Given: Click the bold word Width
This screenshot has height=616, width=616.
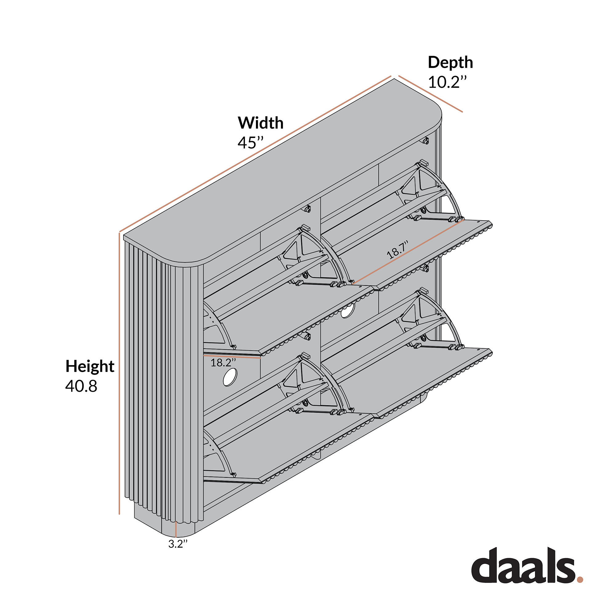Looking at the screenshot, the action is [x=261, y=123].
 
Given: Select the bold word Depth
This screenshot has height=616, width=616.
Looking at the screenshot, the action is [x=450, y=63].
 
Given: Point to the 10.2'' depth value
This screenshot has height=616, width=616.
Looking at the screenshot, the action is [x=447, y=82].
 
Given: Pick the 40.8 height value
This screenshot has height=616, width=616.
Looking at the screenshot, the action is [x=81, y=386].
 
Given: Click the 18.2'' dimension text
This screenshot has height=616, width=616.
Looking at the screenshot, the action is [x=223, y=363].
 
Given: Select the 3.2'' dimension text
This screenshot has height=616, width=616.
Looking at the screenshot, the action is [x=178, y=544].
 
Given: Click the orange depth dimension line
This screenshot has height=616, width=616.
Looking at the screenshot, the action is [x=431, y=94].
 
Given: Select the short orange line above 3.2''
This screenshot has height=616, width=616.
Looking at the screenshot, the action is [x=176, y=529].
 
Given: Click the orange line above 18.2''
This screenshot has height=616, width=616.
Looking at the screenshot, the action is [x=232, y=356].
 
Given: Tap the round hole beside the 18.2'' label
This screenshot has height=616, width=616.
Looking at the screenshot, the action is [x=230, y=378].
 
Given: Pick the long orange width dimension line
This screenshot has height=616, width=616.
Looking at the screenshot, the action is [x=255, y=154].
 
